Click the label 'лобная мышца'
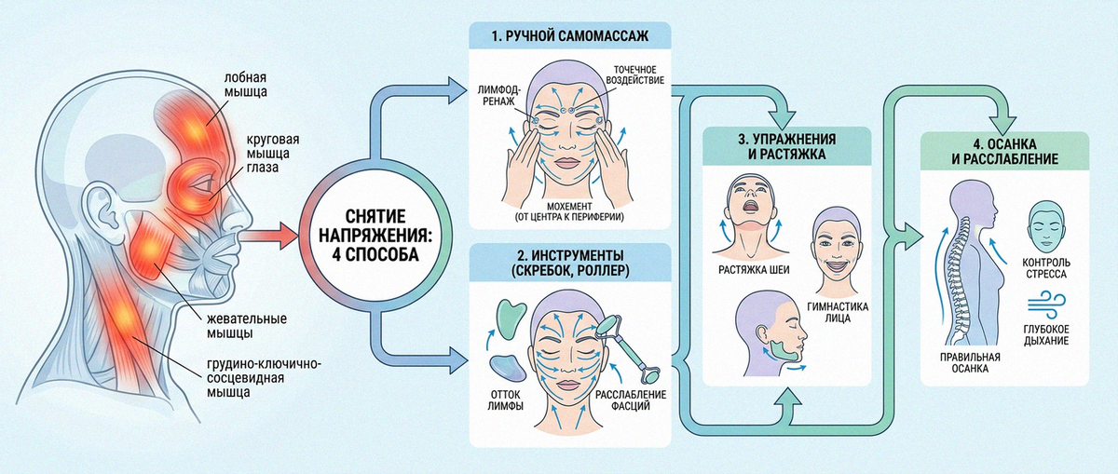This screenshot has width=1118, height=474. pos(245,85)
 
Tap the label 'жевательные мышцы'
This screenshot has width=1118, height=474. pos(247,326)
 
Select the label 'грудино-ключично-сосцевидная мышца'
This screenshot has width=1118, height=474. pos(264,378)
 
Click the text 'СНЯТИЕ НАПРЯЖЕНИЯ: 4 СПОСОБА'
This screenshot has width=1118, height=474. pos(375,236)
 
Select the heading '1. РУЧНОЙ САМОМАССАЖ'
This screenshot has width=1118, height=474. pos(569,36)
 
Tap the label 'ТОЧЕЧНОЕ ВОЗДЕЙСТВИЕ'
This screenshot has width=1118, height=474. pos(634,74)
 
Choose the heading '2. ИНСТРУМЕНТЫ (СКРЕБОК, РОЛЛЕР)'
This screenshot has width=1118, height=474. pos(570,263)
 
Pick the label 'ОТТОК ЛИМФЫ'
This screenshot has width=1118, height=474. pos(505,400)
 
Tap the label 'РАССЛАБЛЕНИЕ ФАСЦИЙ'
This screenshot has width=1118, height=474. pos(631,400)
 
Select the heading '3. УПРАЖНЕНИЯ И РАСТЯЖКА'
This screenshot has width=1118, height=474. pos(787,146)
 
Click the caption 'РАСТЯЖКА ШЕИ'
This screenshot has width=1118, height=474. pos(754,270)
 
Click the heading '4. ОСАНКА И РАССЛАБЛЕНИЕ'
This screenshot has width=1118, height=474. pos(1004,152)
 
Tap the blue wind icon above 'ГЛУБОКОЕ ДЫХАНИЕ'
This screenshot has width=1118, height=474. pos(1046,305)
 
